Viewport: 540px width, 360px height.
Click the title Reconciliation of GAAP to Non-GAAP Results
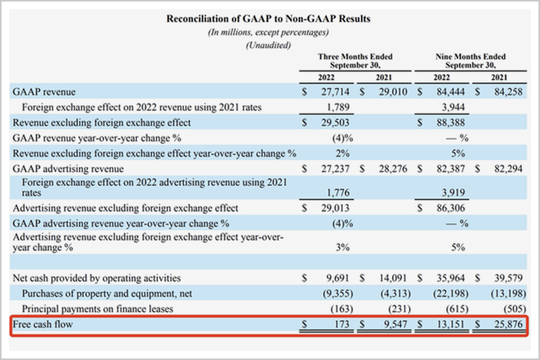(268, 19)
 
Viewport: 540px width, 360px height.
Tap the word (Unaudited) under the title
(268, 45)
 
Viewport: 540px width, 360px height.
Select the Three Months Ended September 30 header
(355, 60)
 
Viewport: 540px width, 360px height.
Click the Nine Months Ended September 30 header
(470, 60)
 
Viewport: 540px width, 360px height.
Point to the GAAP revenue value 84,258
(508, 92)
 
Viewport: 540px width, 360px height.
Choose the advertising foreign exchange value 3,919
(453, 192)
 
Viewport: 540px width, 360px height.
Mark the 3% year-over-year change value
(342, 248)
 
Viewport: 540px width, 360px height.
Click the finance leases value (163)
(342, 309)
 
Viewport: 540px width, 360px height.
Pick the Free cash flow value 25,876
(508, 325)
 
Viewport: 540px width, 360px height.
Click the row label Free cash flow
(43, 325)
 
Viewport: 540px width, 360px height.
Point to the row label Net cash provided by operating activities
(97, 279)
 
